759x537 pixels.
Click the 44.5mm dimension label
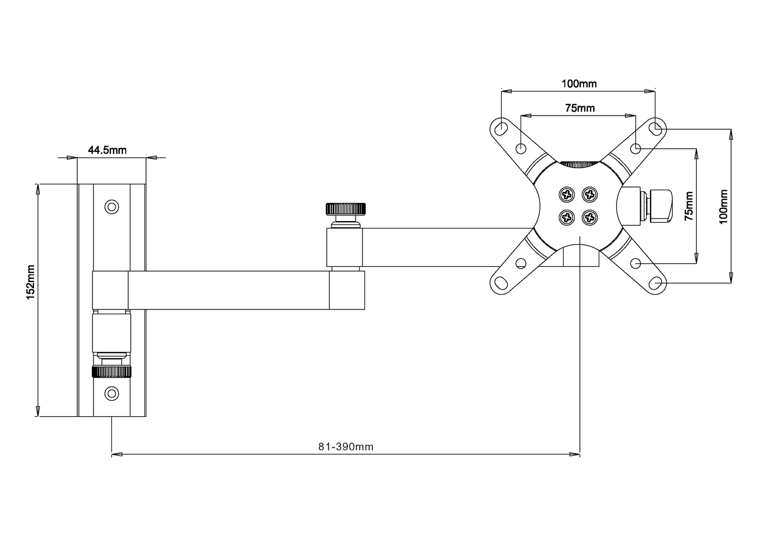pos(107,150)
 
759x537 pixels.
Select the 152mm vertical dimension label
pos(31,283)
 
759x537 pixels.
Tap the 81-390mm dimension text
pos(346,447)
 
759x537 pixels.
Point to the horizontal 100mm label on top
pos(579,84)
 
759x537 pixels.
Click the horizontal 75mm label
pos(579,108)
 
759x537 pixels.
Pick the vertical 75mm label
pos(689,206)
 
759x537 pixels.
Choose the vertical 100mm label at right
pos(723,206)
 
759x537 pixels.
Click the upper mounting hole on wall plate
pos(111,206)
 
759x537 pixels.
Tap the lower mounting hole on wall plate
pos(111,393)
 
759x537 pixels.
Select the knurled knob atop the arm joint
pos(346,209)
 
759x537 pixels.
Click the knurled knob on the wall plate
pos(111,372)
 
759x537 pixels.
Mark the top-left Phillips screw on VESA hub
pos(567,194)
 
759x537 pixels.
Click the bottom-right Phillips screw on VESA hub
pos(590,216)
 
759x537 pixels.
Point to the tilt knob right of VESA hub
pos(660,206)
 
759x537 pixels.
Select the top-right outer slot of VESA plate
pos(655,127)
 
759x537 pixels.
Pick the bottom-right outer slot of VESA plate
pos(655,283)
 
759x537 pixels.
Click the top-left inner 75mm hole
pos(521,148)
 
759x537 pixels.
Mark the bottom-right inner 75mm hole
pos(636,263)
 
